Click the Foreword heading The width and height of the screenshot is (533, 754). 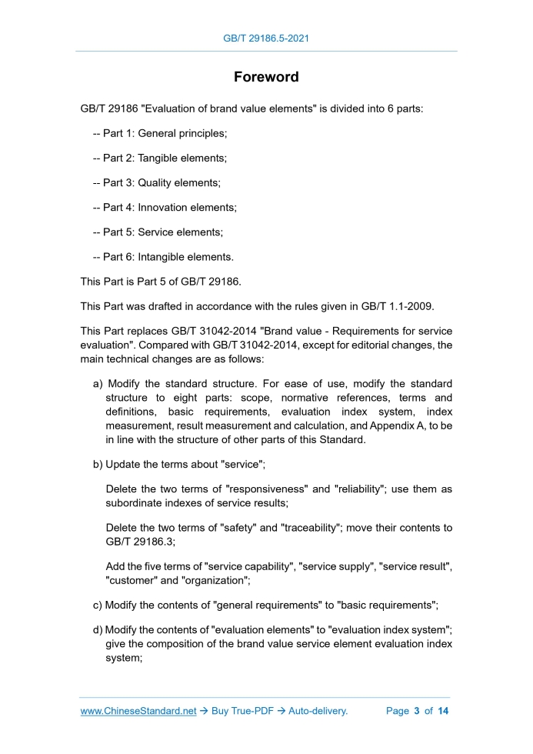tap(266, 77)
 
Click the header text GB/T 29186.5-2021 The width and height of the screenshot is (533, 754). tap(266, 38)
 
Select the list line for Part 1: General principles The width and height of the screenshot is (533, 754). tap(160, 133)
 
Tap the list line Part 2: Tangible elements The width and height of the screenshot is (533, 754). tap(159, 158)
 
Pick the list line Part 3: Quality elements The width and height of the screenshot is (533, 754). tap(156, 182)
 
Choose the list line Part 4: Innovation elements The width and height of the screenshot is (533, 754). tap(165, 207)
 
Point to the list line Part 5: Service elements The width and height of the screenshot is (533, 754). tap(158, 232)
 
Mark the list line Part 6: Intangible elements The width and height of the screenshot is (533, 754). tap(163, 256)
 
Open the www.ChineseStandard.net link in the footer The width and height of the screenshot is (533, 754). tap(138, 711)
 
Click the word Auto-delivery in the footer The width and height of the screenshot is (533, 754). tap(318, 711)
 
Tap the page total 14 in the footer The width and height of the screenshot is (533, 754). tap(443, 711)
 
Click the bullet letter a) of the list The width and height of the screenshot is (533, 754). tap(98, 383)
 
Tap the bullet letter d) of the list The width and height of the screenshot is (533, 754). tap(98, 631)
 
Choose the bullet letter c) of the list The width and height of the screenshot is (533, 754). tap(98, 605)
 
